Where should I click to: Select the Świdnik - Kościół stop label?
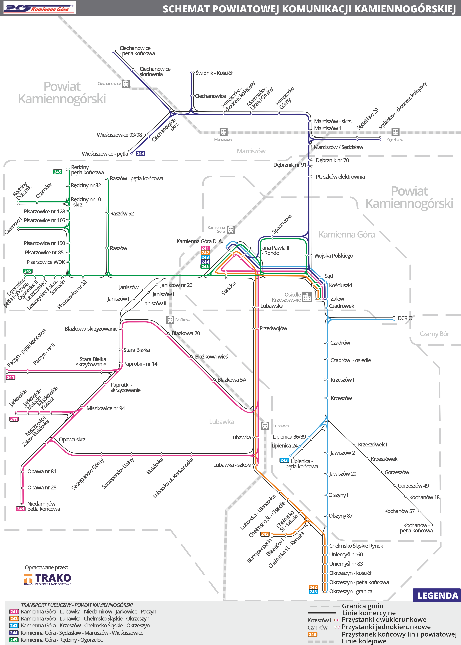click(214, 73)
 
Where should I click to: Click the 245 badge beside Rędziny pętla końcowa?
click(58, 172)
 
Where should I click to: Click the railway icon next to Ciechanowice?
click(126, 84)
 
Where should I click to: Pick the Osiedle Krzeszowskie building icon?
click(307, 297)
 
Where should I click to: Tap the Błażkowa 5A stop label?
click(232, 380)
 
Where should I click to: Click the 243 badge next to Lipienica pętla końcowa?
click(284, 460)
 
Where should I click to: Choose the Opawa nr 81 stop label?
click(42, 471)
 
